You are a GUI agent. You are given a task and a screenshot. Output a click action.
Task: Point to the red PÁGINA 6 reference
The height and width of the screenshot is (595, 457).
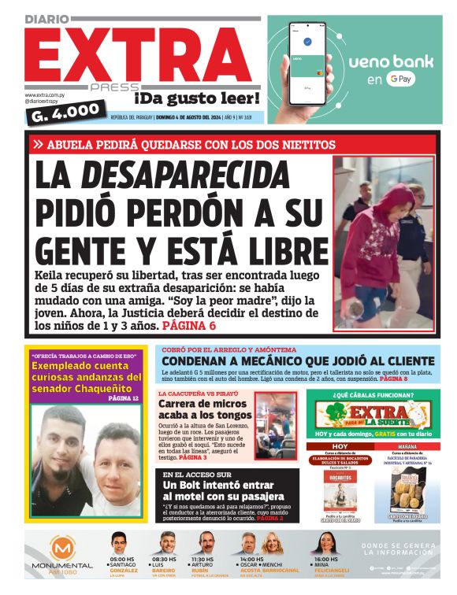[188, 324]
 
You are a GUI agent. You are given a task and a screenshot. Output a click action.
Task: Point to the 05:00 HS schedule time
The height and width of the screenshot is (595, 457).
[124, 560]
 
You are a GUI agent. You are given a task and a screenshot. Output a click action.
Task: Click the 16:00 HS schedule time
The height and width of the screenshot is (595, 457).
[329, 560]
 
